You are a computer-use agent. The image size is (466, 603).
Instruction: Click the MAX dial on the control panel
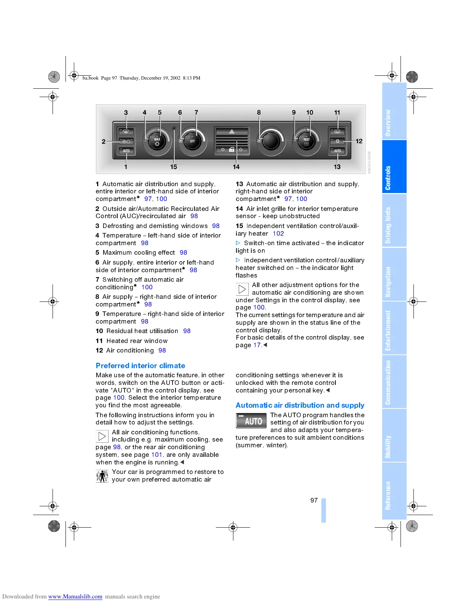pos(157,141)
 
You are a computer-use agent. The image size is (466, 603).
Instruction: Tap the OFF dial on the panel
pos(192,141)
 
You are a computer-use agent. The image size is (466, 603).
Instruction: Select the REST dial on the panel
pos(306,141)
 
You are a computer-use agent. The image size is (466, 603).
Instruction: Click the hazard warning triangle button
pos(231,131)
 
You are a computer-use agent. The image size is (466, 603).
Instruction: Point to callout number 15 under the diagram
pos(174,167)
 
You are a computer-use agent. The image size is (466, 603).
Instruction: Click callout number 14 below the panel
pos(236,167)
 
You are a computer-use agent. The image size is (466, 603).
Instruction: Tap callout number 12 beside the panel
pos(359,141)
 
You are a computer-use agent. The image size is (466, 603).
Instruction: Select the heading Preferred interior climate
pos(140,365)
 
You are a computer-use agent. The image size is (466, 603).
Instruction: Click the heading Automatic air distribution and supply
pos(300,405)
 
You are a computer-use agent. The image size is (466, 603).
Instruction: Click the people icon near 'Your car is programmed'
pos(102,476)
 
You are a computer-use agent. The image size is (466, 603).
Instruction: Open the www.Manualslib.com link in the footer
pos(75,597)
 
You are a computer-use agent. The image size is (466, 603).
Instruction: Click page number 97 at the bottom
pos(314,500)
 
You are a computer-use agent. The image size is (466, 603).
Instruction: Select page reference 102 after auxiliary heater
pos(278,233)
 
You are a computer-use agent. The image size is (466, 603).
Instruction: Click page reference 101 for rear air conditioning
pos(157,455)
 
